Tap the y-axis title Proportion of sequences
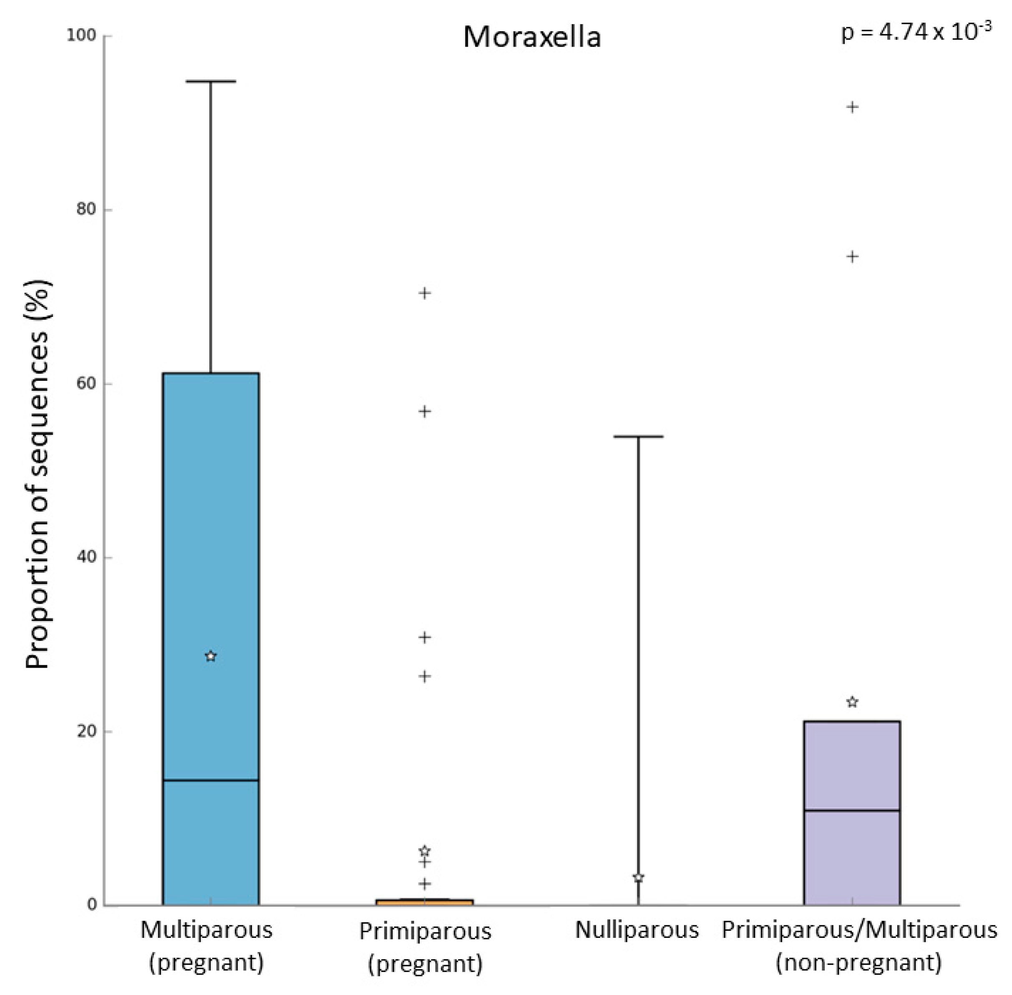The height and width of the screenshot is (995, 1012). [38, 474]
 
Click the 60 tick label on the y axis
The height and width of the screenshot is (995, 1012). [86, 383]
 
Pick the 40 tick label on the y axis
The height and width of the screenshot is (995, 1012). [86, 557]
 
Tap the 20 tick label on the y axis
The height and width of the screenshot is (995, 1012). [86, 731]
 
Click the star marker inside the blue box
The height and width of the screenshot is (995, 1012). [211, 656]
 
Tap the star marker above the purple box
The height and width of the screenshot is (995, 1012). [852, 702]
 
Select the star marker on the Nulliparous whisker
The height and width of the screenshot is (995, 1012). [638, 878]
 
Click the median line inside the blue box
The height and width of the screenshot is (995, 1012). [211, 780]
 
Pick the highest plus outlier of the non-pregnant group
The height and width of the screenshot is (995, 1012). [852, 108]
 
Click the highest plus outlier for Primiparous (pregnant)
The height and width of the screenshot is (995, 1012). [425, 293]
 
